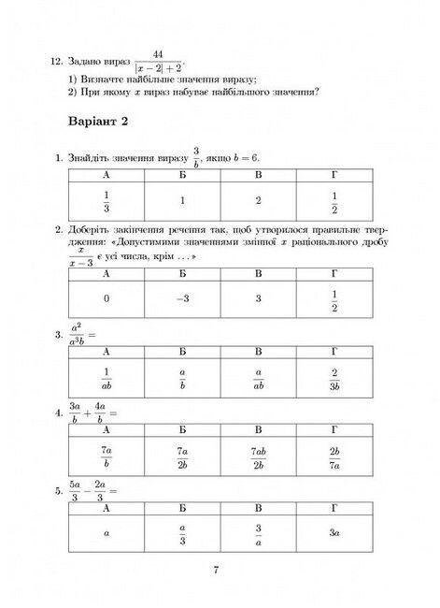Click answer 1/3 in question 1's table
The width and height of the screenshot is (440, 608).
click(x=106, y=200)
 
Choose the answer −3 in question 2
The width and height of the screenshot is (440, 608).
click(x=182, y=298)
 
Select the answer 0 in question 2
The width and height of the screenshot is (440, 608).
click(x=106, y=298)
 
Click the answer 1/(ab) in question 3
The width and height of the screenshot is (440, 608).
click(x=106, y=378)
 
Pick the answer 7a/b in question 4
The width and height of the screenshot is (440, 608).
click(x=106, y=456)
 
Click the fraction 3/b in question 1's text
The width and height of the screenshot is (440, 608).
click(x=197, y=156)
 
